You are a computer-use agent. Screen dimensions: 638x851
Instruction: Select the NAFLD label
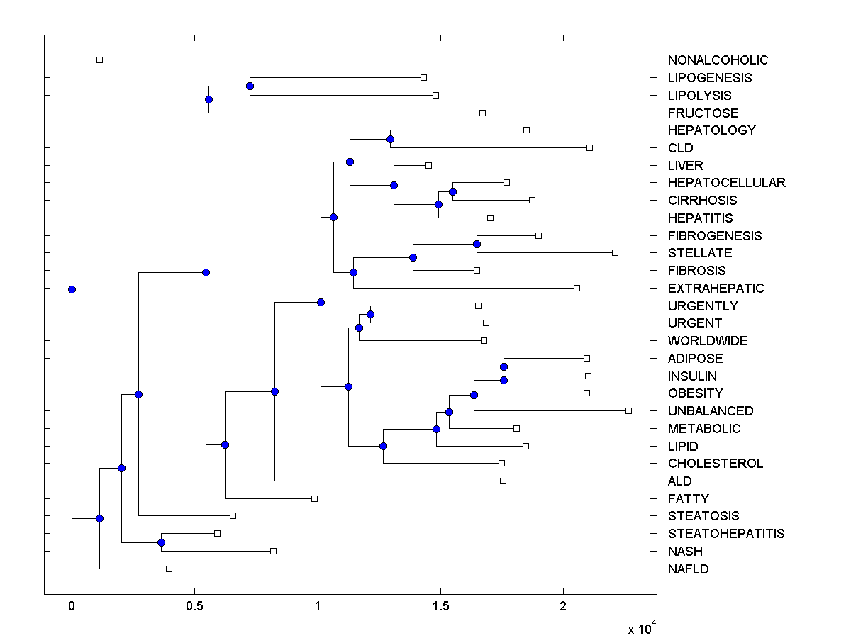click(688, 569)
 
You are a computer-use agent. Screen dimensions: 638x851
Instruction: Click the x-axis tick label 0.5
click(194, 608)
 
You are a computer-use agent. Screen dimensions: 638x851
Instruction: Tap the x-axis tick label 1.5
click(440, 608)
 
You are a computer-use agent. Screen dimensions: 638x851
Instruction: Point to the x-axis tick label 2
click(563, 608)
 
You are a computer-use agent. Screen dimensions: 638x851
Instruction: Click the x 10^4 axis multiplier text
click(643, 628)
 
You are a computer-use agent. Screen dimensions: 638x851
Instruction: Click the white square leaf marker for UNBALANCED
click(628, 410)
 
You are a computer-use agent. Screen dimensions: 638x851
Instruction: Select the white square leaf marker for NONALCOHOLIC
click(99, 60)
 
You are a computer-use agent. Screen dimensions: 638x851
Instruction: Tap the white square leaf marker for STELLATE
click(615, 252)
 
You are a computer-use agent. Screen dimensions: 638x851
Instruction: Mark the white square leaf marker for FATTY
click(314, 498)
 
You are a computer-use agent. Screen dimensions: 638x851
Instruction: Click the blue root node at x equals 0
click(72, 289)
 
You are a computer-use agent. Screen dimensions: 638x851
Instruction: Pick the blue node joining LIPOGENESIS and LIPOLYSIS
click(250, 86)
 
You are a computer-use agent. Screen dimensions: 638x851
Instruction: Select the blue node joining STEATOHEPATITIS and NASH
click(161, 542)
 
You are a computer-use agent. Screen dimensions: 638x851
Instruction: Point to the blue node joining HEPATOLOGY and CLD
click(390, 139)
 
